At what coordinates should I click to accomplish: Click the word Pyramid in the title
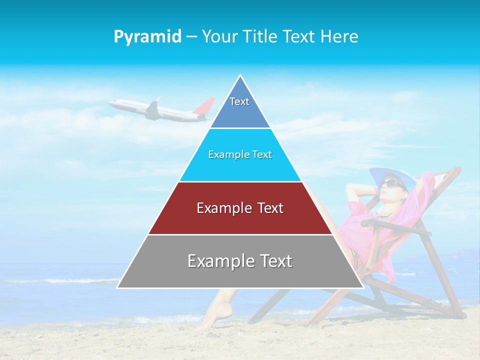(x=147, y=36)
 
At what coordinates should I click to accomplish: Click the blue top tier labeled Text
(x=239, y=107)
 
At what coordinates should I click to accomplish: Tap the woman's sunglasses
(x=390, y=183)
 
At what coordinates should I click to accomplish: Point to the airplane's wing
(x=152, y=110)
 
